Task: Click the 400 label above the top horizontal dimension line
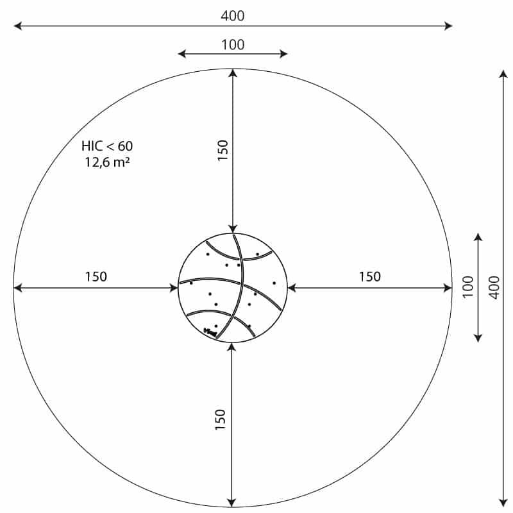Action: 232,15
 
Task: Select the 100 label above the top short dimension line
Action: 233,45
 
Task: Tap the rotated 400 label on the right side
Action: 494,287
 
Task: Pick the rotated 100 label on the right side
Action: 468,287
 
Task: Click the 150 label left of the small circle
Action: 96,277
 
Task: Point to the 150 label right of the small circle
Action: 370,277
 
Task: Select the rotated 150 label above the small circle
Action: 223,151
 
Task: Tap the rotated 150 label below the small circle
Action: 221,419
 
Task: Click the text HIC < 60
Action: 107,146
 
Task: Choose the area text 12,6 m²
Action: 107,162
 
